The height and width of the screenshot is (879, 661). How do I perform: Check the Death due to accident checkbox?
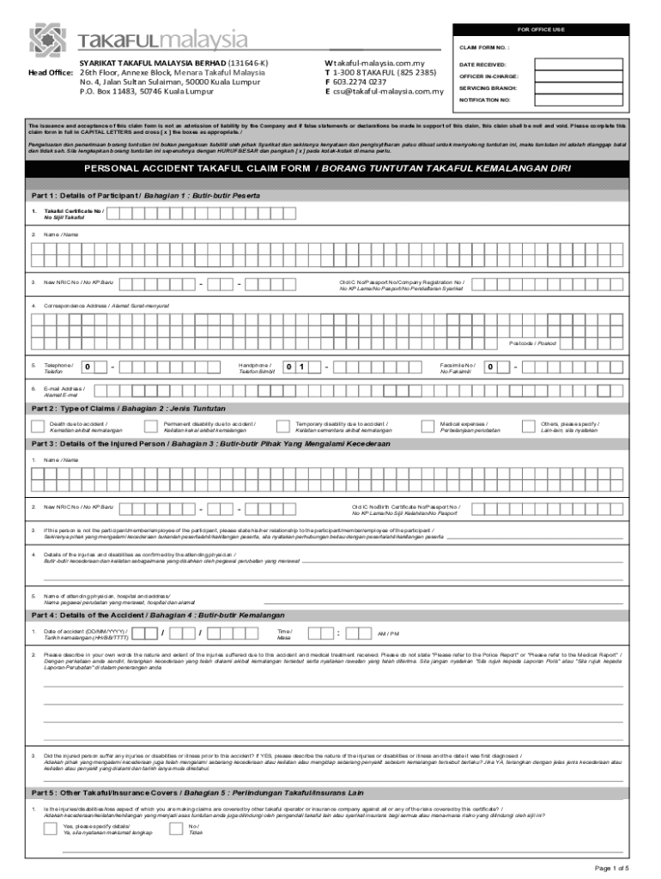[38, 427]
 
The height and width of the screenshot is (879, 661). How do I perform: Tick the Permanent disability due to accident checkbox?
[153, 427]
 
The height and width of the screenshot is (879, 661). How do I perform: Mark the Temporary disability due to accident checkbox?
[283, 427]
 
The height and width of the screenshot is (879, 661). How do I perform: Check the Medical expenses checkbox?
[428, 427]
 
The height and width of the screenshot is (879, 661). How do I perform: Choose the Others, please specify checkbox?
[528, 427]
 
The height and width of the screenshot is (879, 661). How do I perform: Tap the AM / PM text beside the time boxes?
[388, 633]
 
